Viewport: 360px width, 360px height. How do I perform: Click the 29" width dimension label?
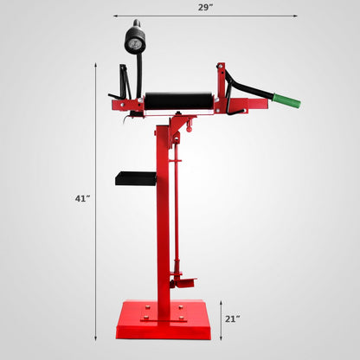pos(205,7)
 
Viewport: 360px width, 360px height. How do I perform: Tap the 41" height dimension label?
pos(81,198)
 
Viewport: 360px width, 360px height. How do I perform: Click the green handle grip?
pos(286,101)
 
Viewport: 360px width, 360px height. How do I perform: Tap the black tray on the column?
pos(135,177)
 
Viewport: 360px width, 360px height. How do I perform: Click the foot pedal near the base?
pos(183,281)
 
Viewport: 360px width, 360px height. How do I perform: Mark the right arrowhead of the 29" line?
pos(296,16)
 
